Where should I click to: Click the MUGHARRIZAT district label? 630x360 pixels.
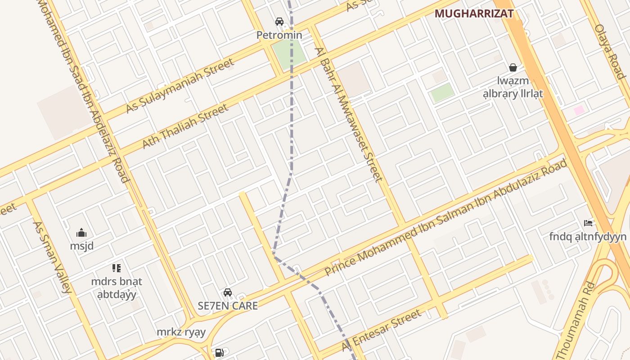474,13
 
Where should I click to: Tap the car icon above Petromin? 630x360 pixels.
279,21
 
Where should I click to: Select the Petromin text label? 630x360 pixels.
279,35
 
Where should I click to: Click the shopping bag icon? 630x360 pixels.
513,67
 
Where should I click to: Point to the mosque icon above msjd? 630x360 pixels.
81,233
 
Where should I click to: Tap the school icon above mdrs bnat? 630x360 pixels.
117,268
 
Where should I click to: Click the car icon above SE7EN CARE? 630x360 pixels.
228,292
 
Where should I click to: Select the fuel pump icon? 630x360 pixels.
220,353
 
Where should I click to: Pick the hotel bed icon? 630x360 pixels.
588,223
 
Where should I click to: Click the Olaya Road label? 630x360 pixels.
610,52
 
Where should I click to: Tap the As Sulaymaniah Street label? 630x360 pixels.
180,85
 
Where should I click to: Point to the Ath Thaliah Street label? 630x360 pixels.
185,126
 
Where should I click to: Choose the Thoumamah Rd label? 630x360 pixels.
576,320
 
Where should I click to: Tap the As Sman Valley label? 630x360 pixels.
52,257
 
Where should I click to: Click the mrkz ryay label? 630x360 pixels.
181,333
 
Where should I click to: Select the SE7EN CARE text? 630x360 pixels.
228,306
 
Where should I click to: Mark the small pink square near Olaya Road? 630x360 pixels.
579,110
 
